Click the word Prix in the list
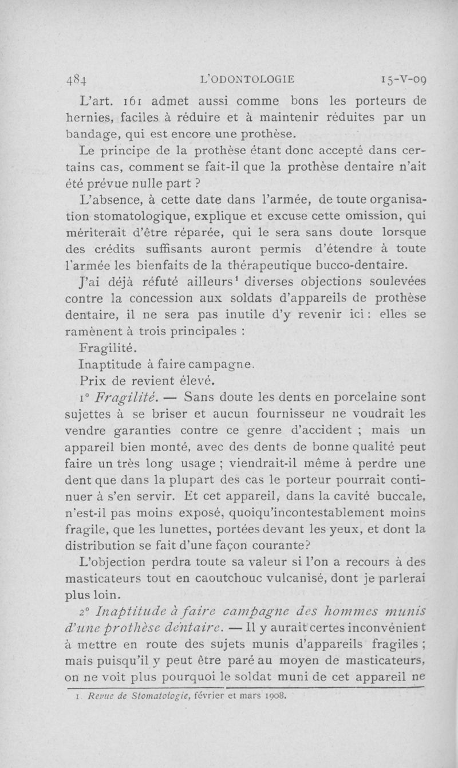pyautogui.click(x=92, y=380)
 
